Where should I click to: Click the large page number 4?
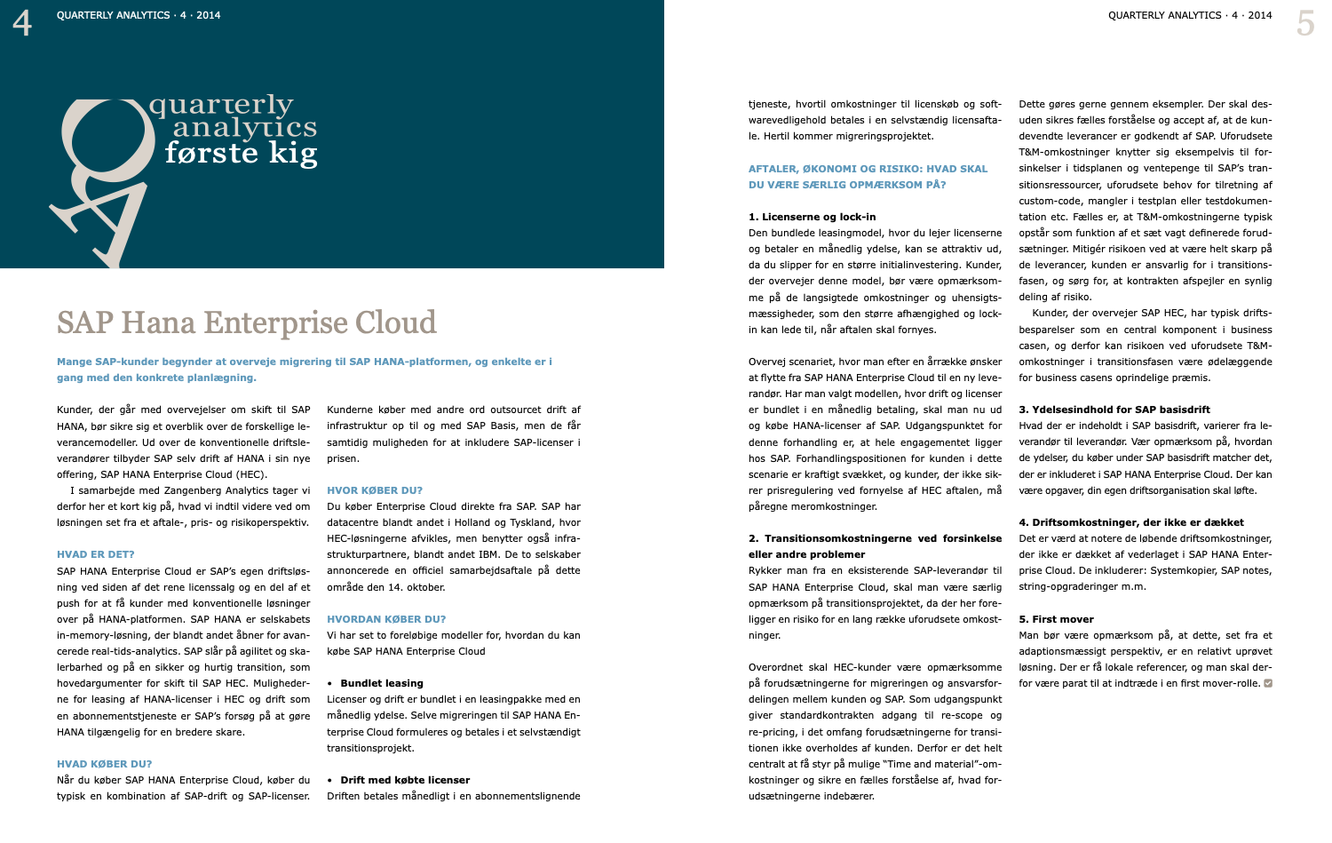[x=22, y=22]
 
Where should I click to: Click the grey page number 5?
[x=1304, y=23]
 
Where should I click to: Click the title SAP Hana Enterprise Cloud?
[x=247, y=322]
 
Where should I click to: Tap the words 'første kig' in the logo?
[x=241, y=153]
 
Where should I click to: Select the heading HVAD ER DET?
[x=96, y=554]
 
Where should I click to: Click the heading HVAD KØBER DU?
[x=105, y=764]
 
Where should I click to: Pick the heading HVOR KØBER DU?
[x=375, y=490]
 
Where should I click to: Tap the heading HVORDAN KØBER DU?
[x=386, y=619]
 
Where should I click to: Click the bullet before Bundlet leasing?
[x=330, y=684]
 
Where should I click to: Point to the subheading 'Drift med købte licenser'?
[x=405, y=780]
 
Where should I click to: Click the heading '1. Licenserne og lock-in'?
[x=812, y=217]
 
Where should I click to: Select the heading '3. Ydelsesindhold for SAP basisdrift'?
[x=1114, y=410]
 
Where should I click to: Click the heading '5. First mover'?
[x=1056, y=619]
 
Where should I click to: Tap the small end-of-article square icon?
[x=1268, y=683]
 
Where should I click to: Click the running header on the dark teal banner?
[x=139, y=15]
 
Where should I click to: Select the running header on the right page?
[x=1190, y=15]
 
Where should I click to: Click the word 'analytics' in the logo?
[x=244, y=129]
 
